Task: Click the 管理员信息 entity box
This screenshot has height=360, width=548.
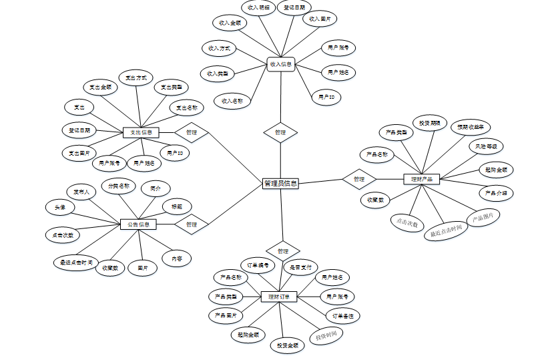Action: click(281, 182)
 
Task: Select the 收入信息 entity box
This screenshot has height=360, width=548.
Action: click(281, 65)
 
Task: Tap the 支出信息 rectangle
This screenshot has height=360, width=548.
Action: click(140, 132)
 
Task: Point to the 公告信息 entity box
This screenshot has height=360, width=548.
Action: click(138, 224)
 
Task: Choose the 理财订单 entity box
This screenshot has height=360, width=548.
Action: click(278, 296)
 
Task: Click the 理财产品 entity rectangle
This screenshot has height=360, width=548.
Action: click(421, 179)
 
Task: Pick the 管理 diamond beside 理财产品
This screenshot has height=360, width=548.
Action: click(359, 179)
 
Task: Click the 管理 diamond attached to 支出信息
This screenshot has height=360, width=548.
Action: click(192, 132)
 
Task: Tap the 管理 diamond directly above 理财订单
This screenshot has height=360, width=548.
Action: click(283, 250)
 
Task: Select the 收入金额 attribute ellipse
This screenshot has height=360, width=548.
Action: click(229, 23)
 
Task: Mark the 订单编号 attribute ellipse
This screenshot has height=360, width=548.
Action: click(257, 265)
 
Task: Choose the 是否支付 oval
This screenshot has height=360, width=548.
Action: click(300, 267)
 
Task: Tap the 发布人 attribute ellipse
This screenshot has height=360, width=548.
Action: click(85, 192)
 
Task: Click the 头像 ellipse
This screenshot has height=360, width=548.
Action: click(60, 207)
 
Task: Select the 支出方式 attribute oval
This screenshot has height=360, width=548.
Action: click(136, 78)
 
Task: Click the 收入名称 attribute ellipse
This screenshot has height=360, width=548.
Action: click(232, 101)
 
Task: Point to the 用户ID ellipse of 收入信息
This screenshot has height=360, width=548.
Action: click(326, 98)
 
